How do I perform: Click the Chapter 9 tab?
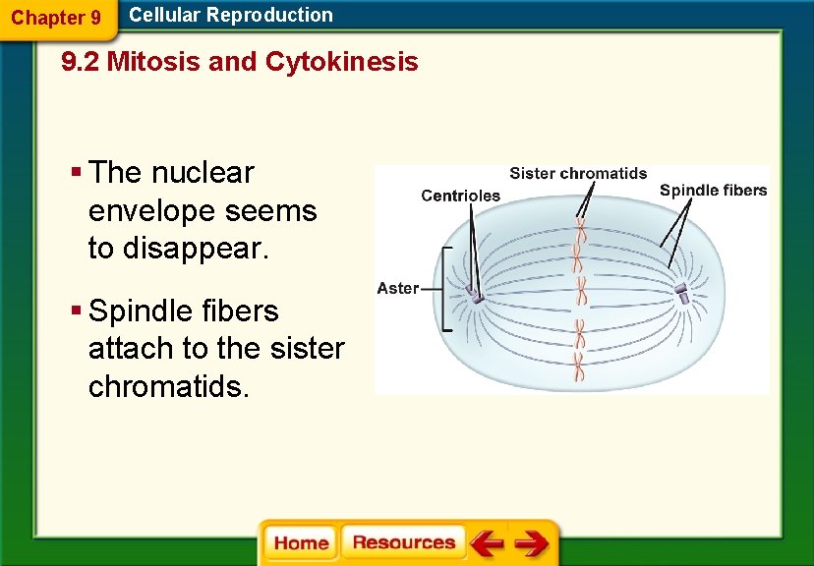[x=55, y=18]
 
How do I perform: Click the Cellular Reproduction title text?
[x=231, y=15]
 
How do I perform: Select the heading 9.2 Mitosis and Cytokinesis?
[x=239, y=62]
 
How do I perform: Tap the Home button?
[x=301, y=543]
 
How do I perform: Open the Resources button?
[x=403, y=543]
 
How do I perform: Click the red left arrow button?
[x=487, y=543]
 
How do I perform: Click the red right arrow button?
[x=532, y=543]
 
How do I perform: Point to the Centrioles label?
[x=460, y=196]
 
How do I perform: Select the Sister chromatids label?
[x=578, y=174]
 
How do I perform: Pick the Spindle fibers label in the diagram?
[x=713, y=191]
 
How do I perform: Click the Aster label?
[x=397, y=288]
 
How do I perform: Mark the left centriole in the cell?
[x=474, y=295]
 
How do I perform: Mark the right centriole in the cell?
[x=682, y=292]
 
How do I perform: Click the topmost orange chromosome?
[x=581, y=232]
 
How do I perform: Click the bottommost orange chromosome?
[x=580, y=368]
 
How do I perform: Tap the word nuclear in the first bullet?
[x=203, y=173]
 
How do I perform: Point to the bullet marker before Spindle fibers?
[x=76, y=311]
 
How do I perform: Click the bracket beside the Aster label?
[x=444, y=288]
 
